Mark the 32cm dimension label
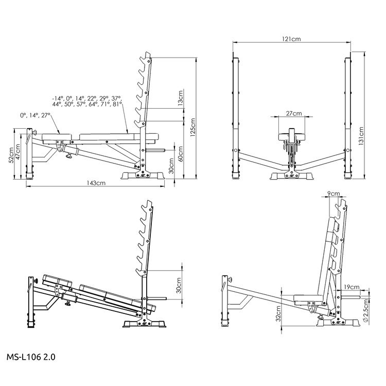278,312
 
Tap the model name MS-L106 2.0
31,355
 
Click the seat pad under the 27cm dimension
292,136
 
